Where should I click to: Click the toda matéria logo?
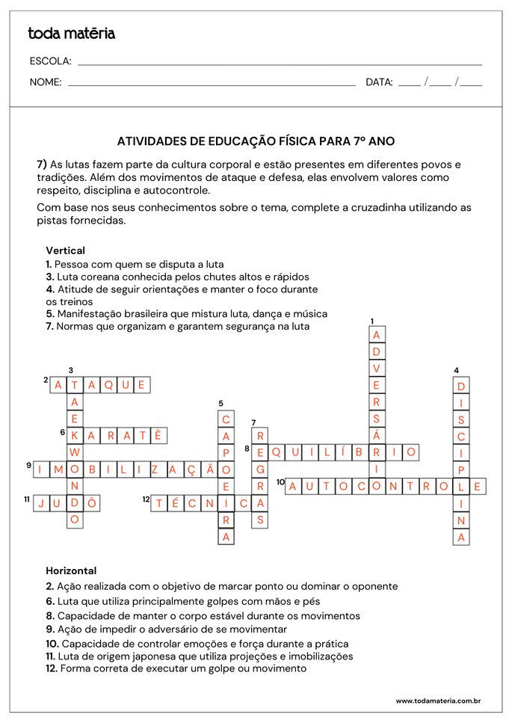[x=71, y=34]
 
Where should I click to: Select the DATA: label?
[x=379, y=82]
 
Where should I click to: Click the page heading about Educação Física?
[x=256, y=141]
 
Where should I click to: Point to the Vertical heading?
[x=65, y=250]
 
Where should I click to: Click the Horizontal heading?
[x=71, y=570]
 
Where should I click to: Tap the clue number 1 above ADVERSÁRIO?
[x=372, y=321]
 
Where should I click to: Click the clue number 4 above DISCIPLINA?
[x=456, y=369]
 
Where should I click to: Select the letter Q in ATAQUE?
[x=108, y=385]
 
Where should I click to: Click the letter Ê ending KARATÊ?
[x=158, y=435]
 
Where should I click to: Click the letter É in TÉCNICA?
[x=176, y=503]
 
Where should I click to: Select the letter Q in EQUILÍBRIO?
[x=276, y=452]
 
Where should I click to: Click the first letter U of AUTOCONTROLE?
[x=309, y=486]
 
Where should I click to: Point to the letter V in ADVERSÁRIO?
[x=377, y=367]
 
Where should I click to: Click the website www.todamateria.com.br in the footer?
[x=437, y=701]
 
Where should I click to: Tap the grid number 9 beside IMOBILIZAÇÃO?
[x=29, y=465]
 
